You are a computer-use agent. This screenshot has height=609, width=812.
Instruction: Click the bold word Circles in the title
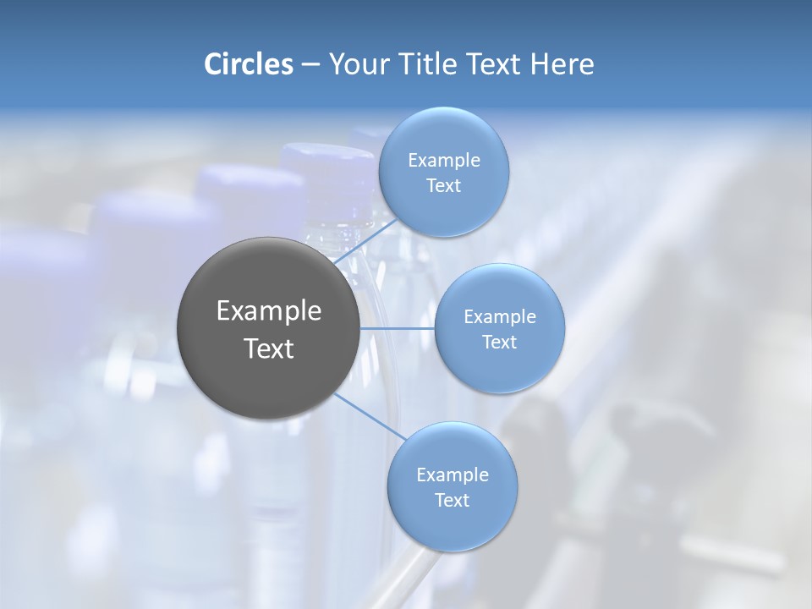click(248, 64)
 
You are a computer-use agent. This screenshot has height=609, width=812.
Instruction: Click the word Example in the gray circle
click(269, 311)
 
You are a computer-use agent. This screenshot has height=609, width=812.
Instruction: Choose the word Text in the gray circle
click(269, 348)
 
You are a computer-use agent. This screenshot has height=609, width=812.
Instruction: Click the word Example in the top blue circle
click(444, 161)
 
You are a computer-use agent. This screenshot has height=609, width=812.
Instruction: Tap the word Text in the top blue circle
click(443, 186)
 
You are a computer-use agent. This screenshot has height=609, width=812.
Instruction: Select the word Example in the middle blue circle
click(500, 317)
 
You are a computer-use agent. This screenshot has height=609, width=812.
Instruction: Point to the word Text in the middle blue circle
click(499, 343)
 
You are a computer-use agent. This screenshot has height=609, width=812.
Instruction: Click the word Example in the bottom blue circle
click(453, 475)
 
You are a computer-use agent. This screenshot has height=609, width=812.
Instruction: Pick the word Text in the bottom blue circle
click(452, 501)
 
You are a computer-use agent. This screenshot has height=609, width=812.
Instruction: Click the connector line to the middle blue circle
click(397, 328)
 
